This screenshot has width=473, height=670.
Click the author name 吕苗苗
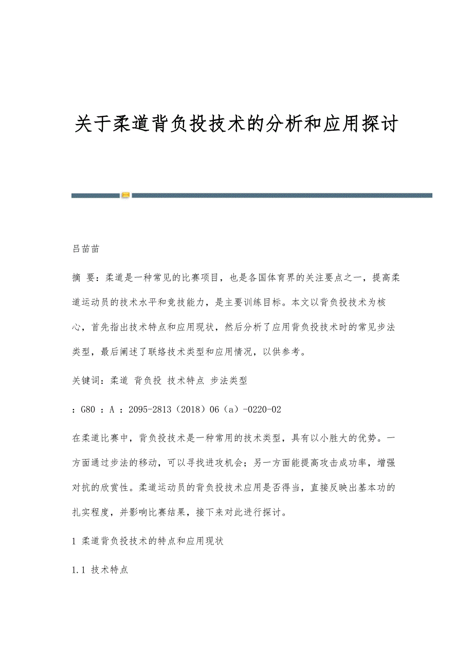click(x=85, y=249)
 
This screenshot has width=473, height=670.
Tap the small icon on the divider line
click(x=125, y=195)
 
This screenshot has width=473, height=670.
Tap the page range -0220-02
click(x=259, y=410)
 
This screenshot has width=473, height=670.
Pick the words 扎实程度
click(x=92, y=513)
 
